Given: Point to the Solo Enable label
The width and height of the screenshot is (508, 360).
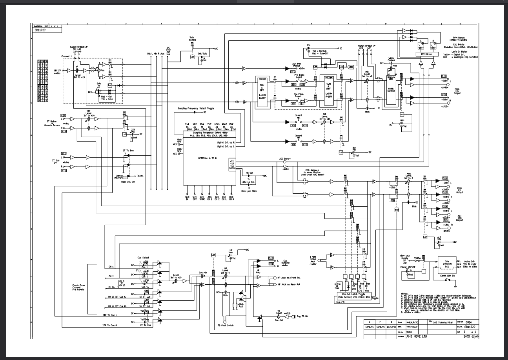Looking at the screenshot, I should [192, 40].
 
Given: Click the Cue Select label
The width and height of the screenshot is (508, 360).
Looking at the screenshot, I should [143, 257].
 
